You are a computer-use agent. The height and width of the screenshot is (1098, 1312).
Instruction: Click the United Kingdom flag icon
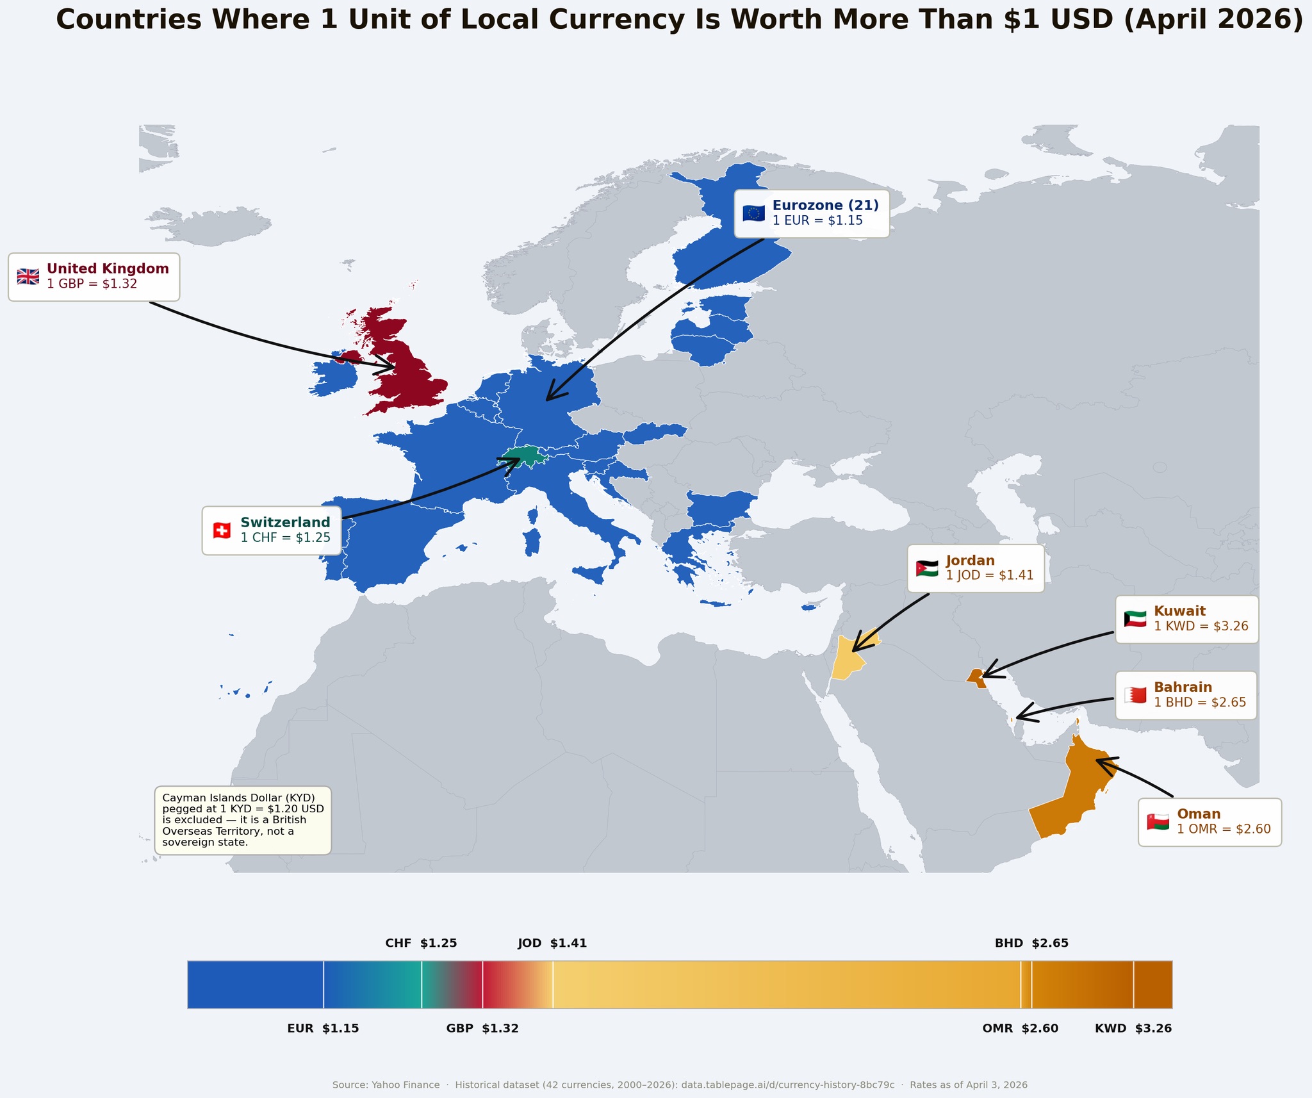(28, 277)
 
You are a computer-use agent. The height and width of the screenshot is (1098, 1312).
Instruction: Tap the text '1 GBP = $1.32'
(92, 284)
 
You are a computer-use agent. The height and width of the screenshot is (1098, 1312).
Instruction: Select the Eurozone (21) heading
(825, 206)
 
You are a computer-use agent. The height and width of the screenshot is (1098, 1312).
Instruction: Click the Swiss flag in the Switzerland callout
(222, 530)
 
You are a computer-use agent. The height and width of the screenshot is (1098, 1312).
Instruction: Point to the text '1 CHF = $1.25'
(285, 538)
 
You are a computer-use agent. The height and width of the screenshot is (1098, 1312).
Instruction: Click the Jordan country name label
(970, 561)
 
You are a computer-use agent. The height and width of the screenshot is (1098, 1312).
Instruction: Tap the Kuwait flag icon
(1135, 619)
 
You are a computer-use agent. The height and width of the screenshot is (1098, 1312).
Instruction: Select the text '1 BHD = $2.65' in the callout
(1200, 702)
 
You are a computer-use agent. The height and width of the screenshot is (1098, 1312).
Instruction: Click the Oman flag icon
(1158, 822)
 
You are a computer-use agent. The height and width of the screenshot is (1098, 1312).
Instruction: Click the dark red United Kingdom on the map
(410, 378)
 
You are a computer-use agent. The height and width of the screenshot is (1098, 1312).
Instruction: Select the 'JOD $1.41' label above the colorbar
(552, 943)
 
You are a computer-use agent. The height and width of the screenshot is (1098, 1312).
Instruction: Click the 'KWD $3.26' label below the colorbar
(1133, 1028)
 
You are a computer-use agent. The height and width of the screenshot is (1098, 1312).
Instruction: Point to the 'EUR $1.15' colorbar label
(323, 1028)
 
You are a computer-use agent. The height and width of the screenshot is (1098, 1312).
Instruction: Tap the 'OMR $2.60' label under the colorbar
(1020, 1028)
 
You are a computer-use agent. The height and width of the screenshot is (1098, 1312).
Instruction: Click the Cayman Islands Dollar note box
(243, 820)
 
